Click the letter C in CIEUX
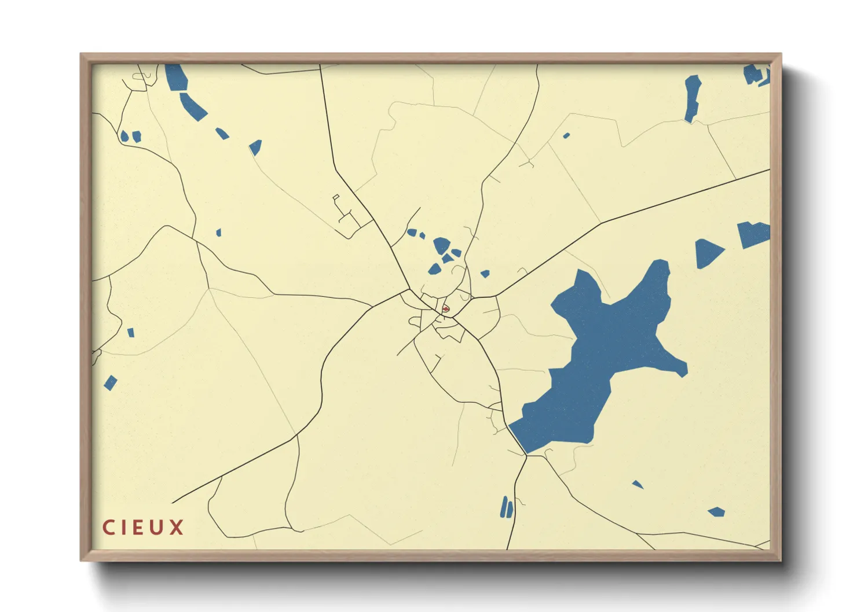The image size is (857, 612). [108, 528]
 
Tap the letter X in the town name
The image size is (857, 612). [177, 528]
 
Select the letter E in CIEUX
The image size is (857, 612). [141, 528]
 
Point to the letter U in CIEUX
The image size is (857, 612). [159, 528]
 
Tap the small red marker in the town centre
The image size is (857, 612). [445, 309]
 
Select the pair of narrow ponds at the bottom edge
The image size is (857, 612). [507, 507]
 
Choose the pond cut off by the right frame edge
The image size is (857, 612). [753, 234]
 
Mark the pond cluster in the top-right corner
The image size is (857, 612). [756, 75]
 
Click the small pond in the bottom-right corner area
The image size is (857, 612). [717, 512]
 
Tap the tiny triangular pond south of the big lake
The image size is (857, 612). [638, 484]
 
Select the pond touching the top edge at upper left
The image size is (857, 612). [175, 78]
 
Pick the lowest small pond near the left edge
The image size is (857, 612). [110, 383]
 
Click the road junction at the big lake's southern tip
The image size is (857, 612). [526, 455]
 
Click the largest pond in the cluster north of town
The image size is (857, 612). [441, 245]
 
